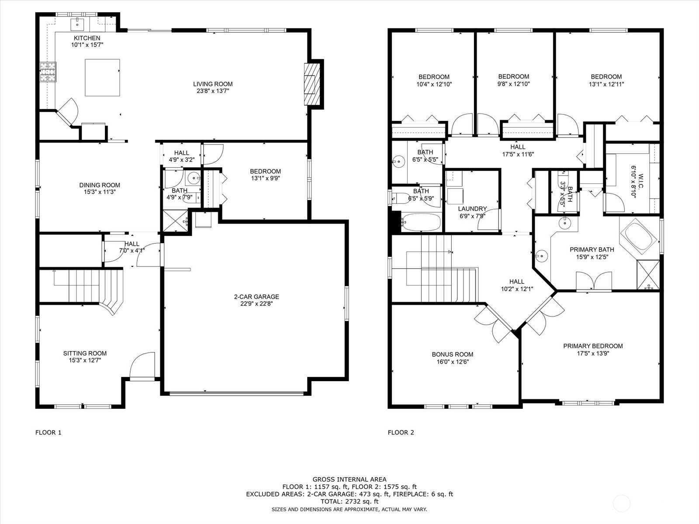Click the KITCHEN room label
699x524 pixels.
coord(87,38)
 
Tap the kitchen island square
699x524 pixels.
coord(102,77)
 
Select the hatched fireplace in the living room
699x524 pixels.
coord(311,84)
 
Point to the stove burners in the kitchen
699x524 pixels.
coord(48,72)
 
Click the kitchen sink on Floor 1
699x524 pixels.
coord(77,24)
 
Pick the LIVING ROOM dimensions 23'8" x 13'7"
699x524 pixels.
coord(213,91)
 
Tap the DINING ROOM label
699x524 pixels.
coord(100,185)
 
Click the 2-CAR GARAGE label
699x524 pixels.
coord(257,296)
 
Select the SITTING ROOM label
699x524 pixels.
coord(85,353)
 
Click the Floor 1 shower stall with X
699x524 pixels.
coord(175,221)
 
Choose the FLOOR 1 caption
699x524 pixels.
coord(48,432)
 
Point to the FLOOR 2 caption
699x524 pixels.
coord(401,432)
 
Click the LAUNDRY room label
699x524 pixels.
coord(472,209)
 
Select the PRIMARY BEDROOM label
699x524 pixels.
coord(593,346)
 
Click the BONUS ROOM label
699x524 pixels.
coord(453,354)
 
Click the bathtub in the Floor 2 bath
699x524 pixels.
coord(421,222)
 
